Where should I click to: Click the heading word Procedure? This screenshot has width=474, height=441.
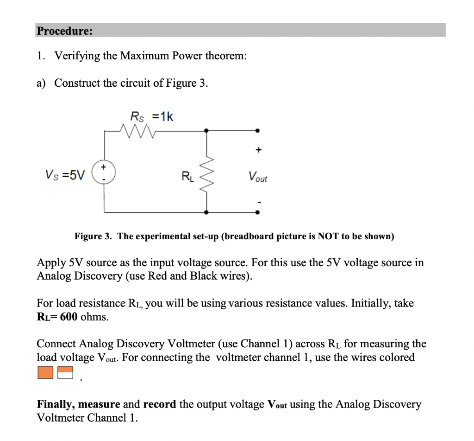click(64, 31)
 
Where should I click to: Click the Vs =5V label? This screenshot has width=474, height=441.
click(65, 175)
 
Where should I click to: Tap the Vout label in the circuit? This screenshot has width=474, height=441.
click(257, 177)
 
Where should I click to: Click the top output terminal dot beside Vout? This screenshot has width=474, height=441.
click(258, 131)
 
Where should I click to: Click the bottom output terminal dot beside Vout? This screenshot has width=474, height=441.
click(258, 212)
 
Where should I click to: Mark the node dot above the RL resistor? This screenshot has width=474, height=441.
click(206, 131)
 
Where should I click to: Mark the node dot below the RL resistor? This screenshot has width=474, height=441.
click(206, 212)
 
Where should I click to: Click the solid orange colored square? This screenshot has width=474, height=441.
click(45, 372)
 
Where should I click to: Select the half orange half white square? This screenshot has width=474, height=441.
click(66, 372)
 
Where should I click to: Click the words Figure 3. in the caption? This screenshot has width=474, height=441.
click(94, 236)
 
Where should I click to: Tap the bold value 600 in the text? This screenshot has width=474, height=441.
click(69, 317)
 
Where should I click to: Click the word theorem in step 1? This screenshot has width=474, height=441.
click(226, 56)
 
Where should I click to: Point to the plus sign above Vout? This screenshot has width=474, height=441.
click(258, 149)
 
